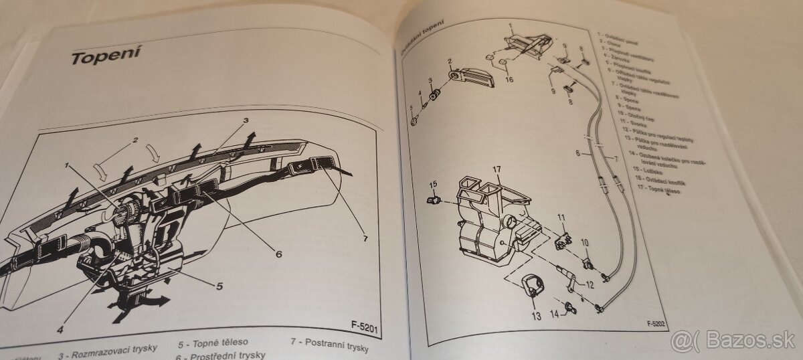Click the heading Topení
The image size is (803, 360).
105,56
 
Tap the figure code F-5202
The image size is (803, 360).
658,324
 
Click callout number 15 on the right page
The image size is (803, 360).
433,185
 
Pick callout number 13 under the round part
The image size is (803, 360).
535,314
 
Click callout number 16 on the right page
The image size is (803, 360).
509,80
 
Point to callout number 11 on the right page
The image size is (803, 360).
562,217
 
